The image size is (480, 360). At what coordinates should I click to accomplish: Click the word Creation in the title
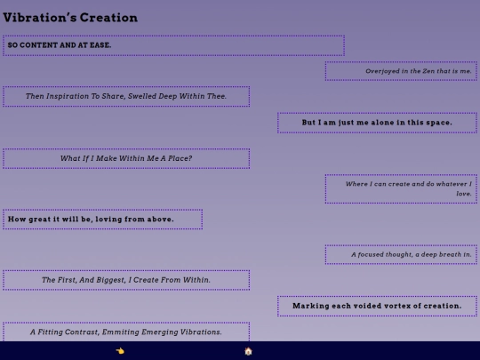108,18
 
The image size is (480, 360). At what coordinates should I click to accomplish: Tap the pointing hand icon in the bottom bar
120,351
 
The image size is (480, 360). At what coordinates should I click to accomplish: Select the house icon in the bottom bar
248,351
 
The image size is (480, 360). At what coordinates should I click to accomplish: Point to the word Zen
428,71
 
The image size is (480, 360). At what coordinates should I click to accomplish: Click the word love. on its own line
464,194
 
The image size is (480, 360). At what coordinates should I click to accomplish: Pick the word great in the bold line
41,220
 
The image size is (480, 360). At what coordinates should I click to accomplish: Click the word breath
450,254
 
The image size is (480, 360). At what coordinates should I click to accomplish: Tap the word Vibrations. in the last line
201,332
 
